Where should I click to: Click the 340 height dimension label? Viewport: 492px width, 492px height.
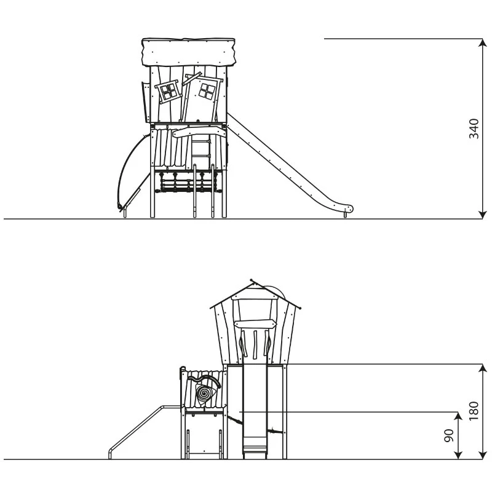pyautogui.click(x=474, y=129)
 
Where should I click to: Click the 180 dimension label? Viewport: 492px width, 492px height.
pyautogui.click(x=474, y=411)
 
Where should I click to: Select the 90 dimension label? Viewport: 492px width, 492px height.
pyautogui.click(x=450, y=435)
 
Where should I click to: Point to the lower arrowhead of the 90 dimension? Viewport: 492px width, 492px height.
pyautogui.click(x=458, y=454)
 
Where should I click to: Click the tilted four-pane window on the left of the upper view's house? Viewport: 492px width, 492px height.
pyautogui.click(x=169, y=91)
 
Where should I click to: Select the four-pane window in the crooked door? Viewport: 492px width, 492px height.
pyautogui.click(x=207, y=91)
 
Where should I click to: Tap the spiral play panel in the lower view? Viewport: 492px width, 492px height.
pyautogui.click(x=204, y=393)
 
